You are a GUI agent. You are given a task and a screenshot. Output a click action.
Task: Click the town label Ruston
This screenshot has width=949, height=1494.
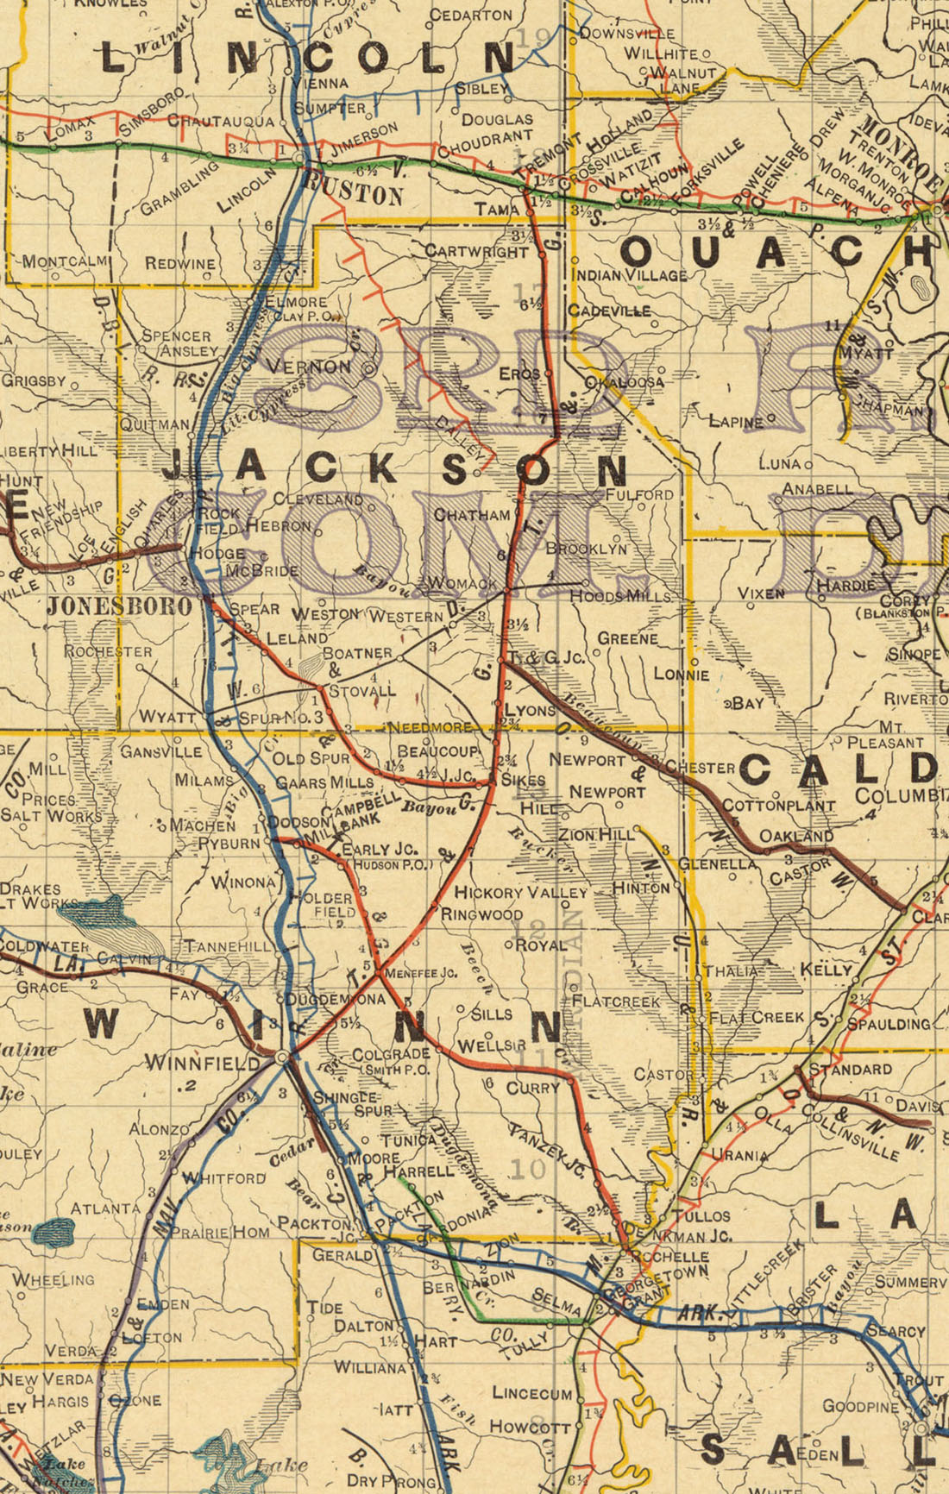pyautogui.click(x=354, y=189)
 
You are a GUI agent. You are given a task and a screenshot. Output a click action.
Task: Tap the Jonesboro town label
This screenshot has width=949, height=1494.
pyautogui.click(x=119, y=606)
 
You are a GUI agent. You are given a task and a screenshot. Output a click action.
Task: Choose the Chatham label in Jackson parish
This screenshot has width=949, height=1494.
pyautogui.click(x=472, y=515)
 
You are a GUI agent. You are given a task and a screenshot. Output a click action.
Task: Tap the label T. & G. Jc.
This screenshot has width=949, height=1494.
pyautogui.click(x=546, y=658)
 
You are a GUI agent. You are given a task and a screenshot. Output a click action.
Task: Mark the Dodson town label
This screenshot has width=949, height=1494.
pyautogui.click(x=297, y=822)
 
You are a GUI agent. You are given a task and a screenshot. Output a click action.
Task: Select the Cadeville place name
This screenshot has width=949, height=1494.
pyautogui.click(x=609, y=311)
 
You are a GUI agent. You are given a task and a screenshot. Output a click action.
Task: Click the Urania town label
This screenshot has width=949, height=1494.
pyautogui.click(x=739, y=1155)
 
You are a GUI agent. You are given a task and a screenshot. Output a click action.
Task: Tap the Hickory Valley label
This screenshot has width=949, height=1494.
pyautogui.click(x=520, y=892)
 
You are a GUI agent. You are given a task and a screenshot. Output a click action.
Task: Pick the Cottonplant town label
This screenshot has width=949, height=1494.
pyautogui.click(x=778, y=806)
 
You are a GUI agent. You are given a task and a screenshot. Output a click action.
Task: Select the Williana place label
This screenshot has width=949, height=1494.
pyautogui.click(x=369, y=1367)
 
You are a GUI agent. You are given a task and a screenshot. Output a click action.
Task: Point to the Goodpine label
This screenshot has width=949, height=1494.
pyautogui.click(x=860, y=1406)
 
